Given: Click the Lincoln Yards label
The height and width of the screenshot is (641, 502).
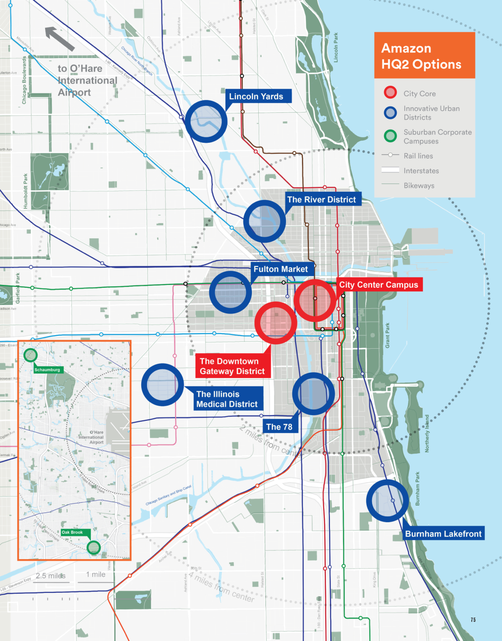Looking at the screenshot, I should (x=256, y=96).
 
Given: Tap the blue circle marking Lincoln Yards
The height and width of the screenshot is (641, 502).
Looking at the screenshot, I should (x=206, y=121).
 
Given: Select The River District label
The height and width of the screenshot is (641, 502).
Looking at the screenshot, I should (x=322, y=200).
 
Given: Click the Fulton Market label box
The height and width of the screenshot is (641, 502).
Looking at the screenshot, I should (x=280, y=269).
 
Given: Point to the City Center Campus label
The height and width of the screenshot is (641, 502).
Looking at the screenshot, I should (x=378, y=285).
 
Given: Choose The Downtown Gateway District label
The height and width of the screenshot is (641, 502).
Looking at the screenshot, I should (x=232, y=366).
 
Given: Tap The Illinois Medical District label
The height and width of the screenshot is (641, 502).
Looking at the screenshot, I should (x=226, y=399).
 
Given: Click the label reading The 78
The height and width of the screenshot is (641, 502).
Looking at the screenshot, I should (x=279, y=427).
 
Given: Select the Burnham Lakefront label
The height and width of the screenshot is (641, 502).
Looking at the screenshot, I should (x=443, y=534).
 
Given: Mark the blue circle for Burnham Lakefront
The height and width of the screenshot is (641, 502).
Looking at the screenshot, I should (x=387, y=500).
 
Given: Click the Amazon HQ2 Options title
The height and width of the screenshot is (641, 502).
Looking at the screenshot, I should (x=422, y=56).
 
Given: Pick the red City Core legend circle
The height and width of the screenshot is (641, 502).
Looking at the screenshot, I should (x=390, y=93).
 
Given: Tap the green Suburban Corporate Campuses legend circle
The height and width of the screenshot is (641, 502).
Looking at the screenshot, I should (x=390, y=136).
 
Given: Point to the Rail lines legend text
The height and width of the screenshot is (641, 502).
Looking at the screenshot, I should (x=418, y=156).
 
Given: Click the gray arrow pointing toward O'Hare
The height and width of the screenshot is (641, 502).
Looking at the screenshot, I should (x=59, y=39).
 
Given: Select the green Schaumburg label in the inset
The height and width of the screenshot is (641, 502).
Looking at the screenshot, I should (x=48, y=370).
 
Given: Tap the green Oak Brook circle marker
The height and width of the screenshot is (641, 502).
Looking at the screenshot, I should (x=93, y=547).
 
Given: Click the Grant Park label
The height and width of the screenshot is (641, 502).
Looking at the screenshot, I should (x=388, y=335).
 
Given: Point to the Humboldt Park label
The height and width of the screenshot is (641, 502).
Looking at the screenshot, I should (x=26, y=191).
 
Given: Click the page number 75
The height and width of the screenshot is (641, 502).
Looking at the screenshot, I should (x=473, y=620).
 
